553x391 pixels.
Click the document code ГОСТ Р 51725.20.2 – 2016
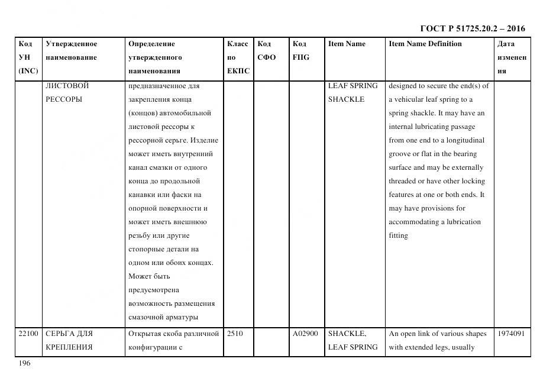pyautogui.click(x=472, y=28)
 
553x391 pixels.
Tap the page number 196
pyautogui.click(x=24, y=363)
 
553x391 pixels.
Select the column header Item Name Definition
pyautogui.click(x=425, y=44)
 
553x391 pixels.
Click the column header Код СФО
pyautogui.click(x=267, y=51)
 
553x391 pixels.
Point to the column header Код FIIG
pyautogui.click(x=301, y=51)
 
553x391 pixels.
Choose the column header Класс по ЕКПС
pyautogui.click(x=238, y=57)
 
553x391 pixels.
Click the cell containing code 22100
pyautogui.click(x=28, y=334)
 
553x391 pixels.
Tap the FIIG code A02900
pyautogui.click(x=305, y=334)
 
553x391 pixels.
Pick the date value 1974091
pyautogui.click(x=512, y=334)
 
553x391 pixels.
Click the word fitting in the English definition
pyautogui.click(x=398, y=235)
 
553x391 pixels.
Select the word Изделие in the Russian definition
pyautogui.click(x=204, y=140)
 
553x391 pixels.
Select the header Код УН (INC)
pyautogui.click(x=28, y=57)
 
